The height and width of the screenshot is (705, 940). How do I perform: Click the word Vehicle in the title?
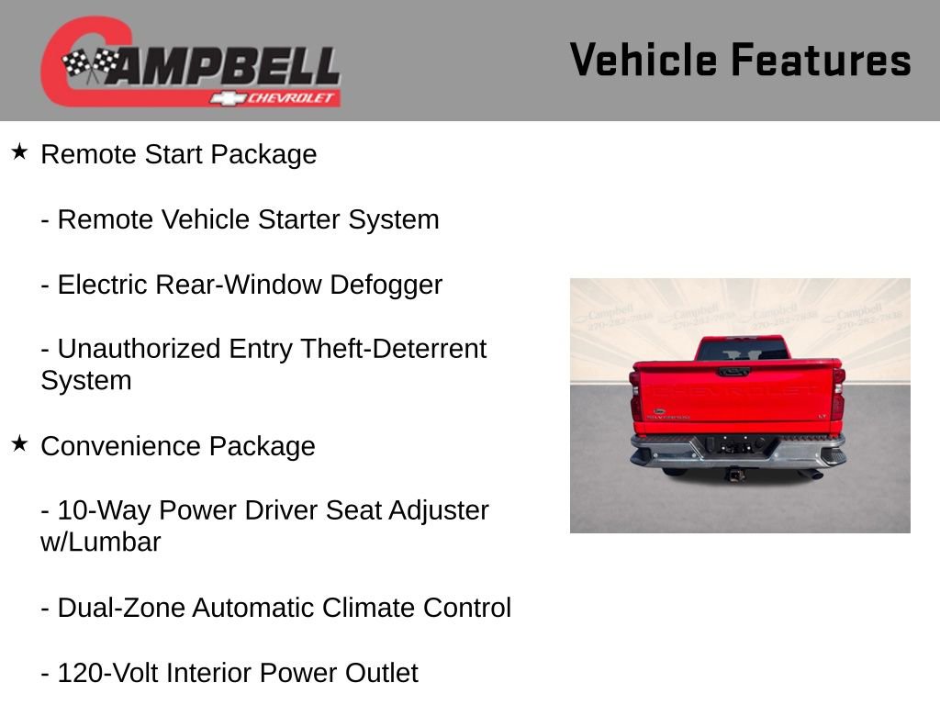[643, 61]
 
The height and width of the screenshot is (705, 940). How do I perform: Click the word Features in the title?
[821, 61]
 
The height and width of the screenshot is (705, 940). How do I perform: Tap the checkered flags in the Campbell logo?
[91, 64]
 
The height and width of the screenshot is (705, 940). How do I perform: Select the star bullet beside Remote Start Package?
[19, 151]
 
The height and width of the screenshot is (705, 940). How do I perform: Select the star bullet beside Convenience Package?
[19, 443]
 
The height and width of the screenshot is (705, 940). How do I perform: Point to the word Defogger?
[385, 285]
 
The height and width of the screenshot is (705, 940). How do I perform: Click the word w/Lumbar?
[100, 543]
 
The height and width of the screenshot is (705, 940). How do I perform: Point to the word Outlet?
[381, 674]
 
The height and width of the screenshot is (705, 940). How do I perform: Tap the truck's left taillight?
[636, 395]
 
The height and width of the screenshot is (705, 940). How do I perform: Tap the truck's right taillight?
[837, 395]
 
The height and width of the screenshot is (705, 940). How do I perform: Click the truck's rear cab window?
[742, 350]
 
